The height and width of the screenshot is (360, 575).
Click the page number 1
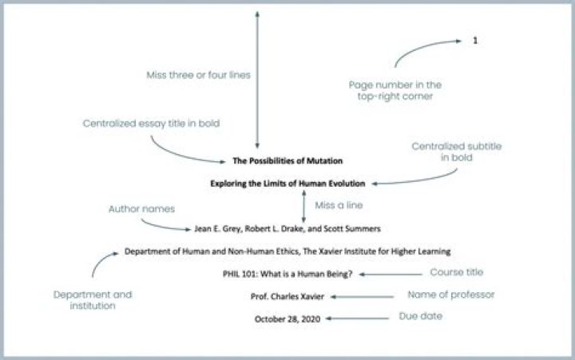475,40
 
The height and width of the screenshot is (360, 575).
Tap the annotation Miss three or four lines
198,75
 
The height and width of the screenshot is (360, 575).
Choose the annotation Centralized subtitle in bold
442,152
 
